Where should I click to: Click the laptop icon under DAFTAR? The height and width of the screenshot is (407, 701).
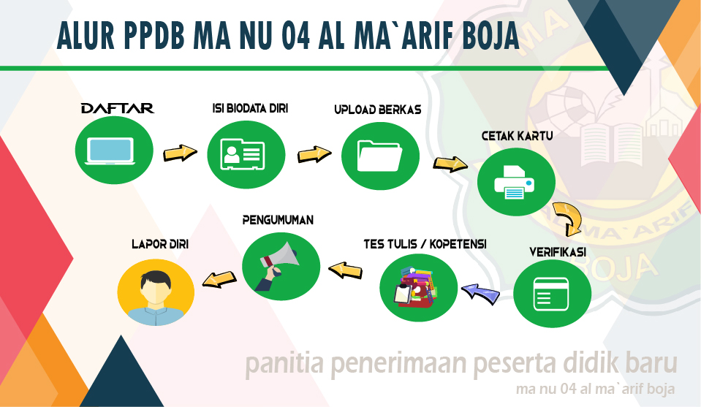pyautogui.click(x=111, y=151)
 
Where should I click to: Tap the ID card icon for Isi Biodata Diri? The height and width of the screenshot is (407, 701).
pyautogui.click(x=243, y=154)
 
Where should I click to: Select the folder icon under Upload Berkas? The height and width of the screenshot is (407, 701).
pyautogui.click(x=379, y=156)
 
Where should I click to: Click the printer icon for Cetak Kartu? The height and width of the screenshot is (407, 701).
pyautogui.click(x=514, y=182)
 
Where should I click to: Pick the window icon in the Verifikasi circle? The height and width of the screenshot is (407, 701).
pyautogui.click(x=551, y=294)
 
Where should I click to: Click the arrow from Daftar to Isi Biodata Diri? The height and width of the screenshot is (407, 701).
pyautogui.click(x=180, y=153)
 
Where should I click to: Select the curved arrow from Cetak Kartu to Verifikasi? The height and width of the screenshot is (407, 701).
pyautogui.click(x=570, y=218)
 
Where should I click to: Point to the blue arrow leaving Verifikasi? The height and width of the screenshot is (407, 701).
pyautogui.click(x=481, y=294)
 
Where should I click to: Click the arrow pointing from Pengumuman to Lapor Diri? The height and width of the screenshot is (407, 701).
pyautogui.click(x=219, y=279)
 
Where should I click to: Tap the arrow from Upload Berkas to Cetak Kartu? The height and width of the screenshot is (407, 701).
pyautogui.click(x=450, y=164)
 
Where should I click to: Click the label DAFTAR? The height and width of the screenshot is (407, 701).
pyautogui.click(x=118, y=108)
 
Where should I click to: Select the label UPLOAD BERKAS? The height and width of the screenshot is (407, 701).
pyautogui.click(x=378, y=110)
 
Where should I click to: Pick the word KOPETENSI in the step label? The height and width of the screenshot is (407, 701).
pyautogui.click(x=458, y=244)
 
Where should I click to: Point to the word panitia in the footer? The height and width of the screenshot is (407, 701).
pyautogui.click(x=284, y=364)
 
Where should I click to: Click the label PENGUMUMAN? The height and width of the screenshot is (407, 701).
pyautogui.click(x=278, y=220)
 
